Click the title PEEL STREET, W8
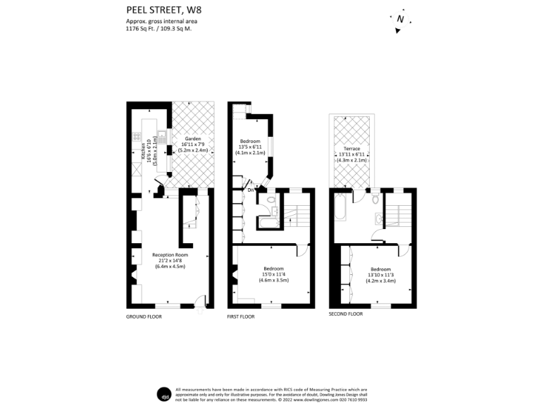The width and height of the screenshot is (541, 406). pos(161,10)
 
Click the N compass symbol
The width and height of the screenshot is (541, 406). pos(400,20)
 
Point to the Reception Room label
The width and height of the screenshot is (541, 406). pos(172,254)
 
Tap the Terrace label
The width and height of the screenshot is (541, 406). pos(352,149)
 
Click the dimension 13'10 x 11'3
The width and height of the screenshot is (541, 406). pos(381,275)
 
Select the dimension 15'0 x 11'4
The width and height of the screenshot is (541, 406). pos(273,275)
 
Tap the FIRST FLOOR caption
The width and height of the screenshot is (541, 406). pos(241,317)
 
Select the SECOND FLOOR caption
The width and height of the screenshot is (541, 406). pos(346,313)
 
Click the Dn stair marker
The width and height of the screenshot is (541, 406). pos(250,190)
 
